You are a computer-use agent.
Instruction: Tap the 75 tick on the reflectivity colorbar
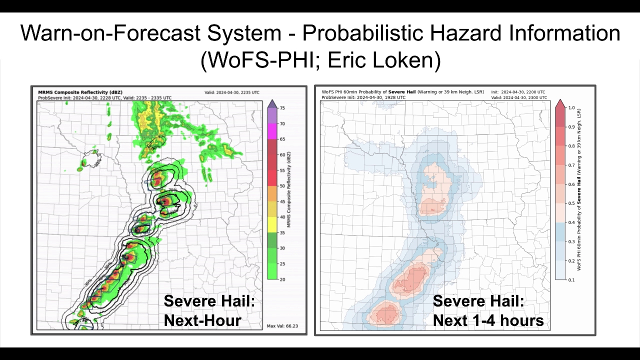[x=282, y=108]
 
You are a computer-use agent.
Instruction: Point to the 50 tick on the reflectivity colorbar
[x=282, y=186]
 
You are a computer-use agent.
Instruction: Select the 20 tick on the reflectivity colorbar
[x=282, y=279]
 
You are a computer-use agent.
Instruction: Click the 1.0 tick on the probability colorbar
[x=571, y=108]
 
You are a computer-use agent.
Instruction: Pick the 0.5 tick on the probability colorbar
[x=571, y=203]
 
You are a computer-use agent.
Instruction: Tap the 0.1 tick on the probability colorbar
[x=571, y=280]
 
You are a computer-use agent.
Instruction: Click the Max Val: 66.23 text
[x=282, y=326]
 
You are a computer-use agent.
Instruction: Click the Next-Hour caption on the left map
[x=202, y=320]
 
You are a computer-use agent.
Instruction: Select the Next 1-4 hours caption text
[x=488, y=320]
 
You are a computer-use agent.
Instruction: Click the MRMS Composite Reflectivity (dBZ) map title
[x=80, y=92]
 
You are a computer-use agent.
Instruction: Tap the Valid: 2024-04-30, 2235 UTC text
[x=232, y=93]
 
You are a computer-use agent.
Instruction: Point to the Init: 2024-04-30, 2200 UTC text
[x=518, y=92]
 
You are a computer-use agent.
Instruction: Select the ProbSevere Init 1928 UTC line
[x=363, y=98]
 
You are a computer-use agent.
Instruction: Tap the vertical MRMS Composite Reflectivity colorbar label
[x=289, y=189]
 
